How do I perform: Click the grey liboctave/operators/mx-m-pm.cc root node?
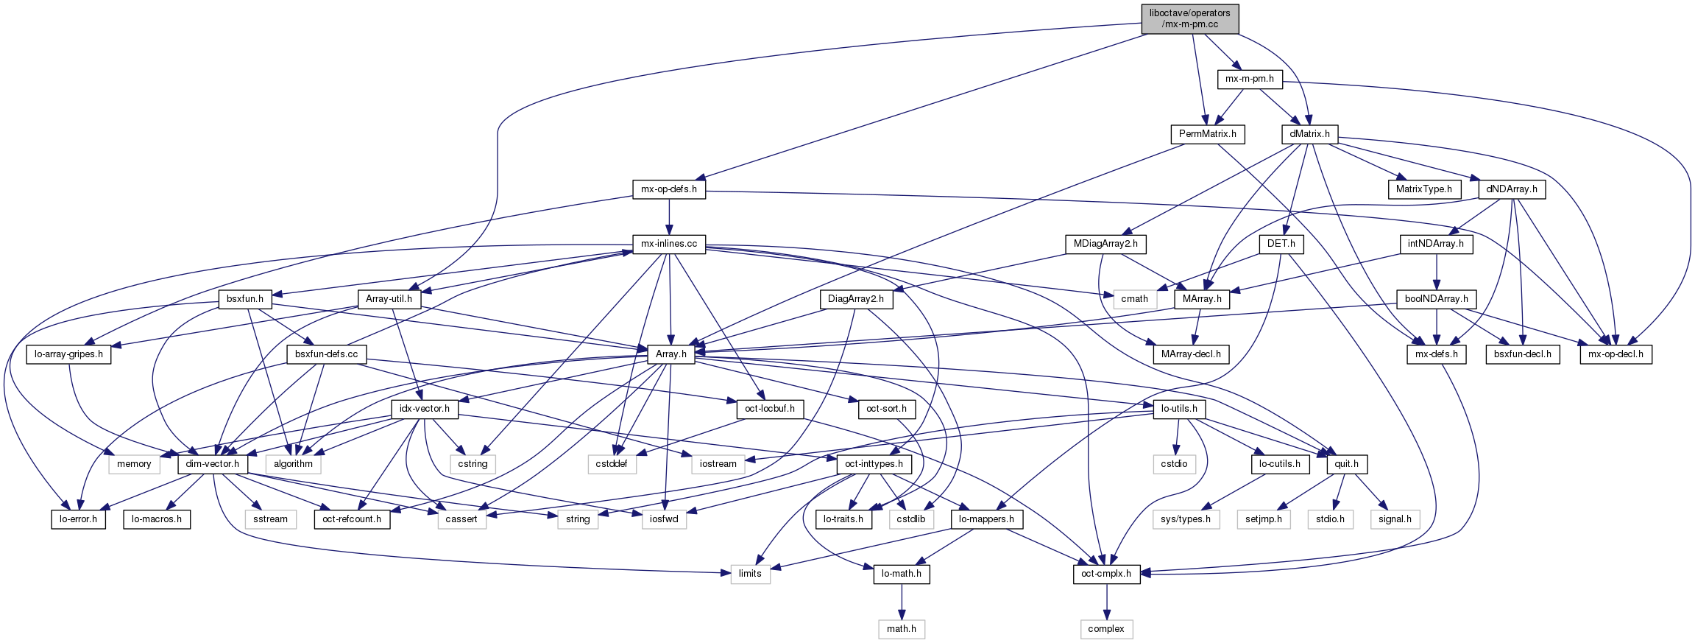[x=1189, y=18]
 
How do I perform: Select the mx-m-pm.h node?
[x=1250, y=79]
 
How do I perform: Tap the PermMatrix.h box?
[x=1207, y=134]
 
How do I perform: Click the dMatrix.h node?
[x=1309, y=134]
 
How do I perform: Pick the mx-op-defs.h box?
[x=669, y=189]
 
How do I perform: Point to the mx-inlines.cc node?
[x=669, y=244]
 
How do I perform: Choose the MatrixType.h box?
[x=1423, y=189]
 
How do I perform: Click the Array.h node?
[x=670, y=354]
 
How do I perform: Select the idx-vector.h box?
[x=424, y=409]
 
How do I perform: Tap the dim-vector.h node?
[x=212, y=464]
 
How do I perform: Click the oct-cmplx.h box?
[x=1106, y=574]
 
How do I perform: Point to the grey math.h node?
[x=902, y=629]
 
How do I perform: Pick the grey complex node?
[x=1106, y=629]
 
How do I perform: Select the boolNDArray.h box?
[x=1436, y=299]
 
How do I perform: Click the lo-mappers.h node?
[x=987, y=519]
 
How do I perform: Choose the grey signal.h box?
[x=1395, y=519]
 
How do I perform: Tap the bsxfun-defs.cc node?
[x=326, y=354]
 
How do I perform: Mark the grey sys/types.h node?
[x=1185, y=519]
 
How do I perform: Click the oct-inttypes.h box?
[x=874, y=464]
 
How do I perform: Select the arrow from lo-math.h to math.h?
[x=902, y=602]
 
